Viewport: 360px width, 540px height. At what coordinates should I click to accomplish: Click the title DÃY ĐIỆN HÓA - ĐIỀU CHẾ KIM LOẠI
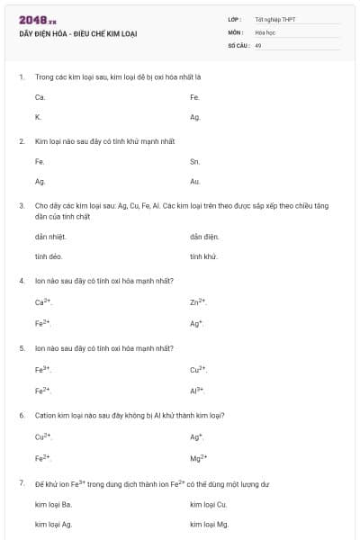click(77, 33)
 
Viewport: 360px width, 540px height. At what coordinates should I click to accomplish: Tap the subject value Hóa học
click(264, 31)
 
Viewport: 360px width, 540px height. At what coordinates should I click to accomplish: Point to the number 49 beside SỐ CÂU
click(257, 44)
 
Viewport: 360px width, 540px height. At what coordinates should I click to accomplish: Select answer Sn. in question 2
click(194, 161)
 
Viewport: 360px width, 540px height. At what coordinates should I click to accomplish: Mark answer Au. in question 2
click(194, 182)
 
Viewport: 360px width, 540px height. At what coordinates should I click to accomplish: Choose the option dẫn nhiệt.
click(50, 237)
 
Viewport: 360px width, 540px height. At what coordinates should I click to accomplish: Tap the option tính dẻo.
click(49, 256)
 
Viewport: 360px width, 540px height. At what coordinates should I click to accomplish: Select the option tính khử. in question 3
click(204, 256)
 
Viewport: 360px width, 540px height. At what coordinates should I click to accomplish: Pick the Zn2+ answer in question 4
click(199, 302)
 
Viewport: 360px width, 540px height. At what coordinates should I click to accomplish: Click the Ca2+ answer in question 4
click(43, 302)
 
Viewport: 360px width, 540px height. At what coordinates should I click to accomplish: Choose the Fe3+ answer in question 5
click(43, 369)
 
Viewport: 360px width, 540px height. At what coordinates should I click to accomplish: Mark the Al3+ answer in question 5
click(198, 390)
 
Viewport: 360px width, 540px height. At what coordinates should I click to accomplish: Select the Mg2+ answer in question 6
click(199, 457)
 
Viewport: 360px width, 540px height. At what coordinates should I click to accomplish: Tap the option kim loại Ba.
click(54, 504)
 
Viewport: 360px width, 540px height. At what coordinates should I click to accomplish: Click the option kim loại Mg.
click(210, 524)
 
